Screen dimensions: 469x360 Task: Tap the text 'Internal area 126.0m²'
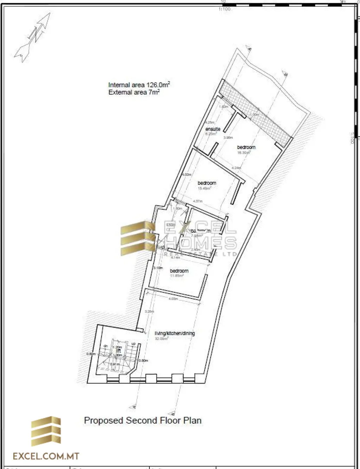coord(139,85)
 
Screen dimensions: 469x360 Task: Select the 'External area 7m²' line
coord(134,92)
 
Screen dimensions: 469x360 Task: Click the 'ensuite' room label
coord(213,129)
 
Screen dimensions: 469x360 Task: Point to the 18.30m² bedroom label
coord(246,147)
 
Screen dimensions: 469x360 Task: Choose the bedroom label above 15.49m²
coord(207,183)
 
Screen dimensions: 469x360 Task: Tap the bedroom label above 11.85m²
coord(179,271)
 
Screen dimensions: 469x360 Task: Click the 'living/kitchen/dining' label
coord(175,333)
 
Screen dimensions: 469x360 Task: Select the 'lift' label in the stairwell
coord(118,351)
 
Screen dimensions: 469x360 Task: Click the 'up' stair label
coord(133,343)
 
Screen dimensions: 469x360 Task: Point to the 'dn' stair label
coord(105,346)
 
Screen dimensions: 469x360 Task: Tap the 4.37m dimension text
coord(198,201)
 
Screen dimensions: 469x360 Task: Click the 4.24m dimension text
coord(236,168)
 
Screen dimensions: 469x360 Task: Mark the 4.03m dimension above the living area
coord(173,299)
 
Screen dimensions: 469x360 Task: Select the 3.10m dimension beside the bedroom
coord(158,268)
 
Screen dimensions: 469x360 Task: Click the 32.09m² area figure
coord(161,339)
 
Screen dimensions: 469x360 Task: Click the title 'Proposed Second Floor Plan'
coord(143,420)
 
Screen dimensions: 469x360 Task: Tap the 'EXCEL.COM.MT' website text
coord(46,456)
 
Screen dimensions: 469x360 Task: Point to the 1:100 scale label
coord(224,9)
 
